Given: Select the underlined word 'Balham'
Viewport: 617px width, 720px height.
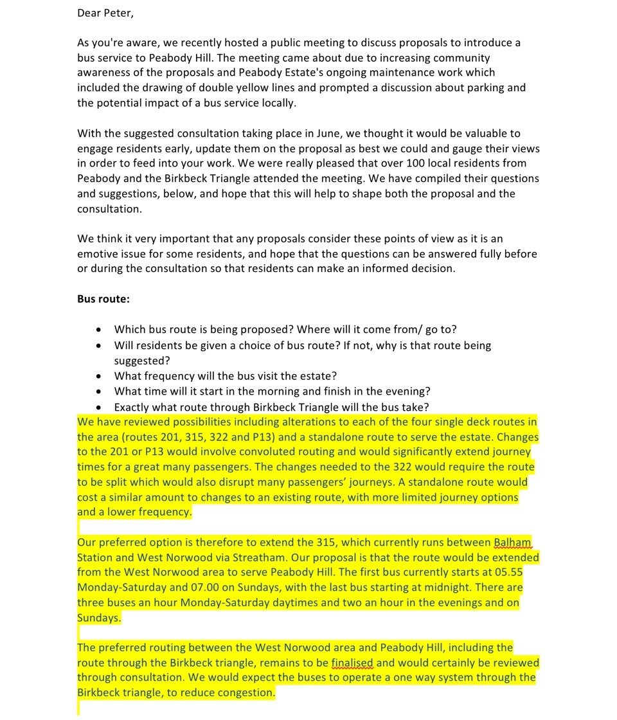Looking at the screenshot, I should click(513, 542).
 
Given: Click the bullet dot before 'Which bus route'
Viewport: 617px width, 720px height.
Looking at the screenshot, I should click(98, 330).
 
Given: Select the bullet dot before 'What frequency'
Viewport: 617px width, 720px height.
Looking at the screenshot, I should click(98, 376).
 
